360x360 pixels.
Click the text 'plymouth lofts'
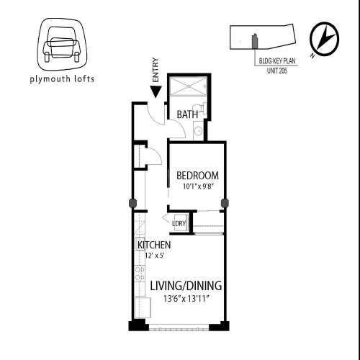pyautogui.click(x=63, y=78)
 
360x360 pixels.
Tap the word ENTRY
pyautogui.click(x=156, y=71)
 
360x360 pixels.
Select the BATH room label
pyautogui.click(x=187, y=114)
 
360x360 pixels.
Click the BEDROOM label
pyautogui.click(x=197, y=176)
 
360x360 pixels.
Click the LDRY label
pyautogui.click(x=179, y=223)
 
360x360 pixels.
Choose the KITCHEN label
pyautogui.click(x=153, y=245)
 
